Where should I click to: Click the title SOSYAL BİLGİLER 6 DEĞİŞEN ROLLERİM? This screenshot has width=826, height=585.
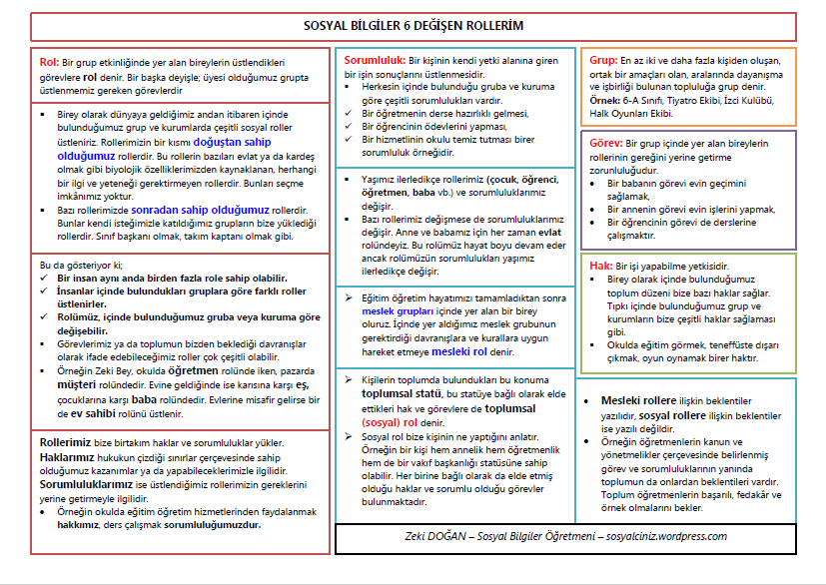click(413, 24)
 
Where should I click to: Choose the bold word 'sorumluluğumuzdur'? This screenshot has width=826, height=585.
click(220, 523)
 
